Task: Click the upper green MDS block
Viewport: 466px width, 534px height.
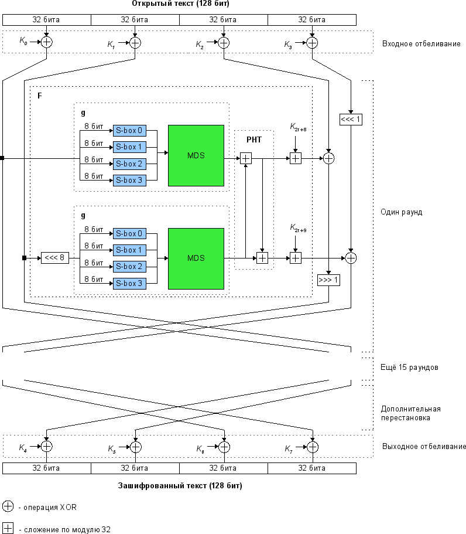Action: (196, 156)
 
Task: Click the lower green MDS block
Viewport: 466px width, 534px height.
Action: (196, 259)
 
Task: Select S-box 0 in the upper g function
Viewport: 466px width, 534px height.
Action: (129, 131)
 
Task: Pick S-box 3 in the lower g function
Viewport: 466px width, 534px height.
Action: (129, 283)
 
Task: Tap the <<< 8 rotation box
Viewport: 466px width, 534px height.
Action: (55, 258)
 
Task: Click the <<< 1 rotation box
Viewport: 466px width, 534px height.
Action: (351, 119)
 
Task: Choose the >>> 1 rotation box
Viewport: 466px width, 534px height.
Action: (328, 280)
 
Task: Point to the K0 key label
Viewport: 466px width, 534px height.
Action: (23, 41)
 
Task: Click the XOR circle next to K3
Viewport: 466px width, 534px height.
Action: (312, 43)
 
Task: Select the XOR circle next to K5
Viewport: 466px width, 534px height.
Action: (135, 447)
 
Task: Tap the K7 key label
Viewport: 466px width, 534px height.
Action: (289, 449)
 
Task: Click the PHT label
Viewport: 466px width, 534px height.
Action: (254, 140)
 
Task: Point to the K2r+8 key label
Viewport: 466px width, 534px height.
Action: (298, 127)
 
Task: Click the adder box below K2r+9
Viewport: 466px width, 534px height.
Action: (295, 258)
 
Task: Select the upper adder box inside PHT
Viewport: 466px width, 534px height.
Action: (246, 158)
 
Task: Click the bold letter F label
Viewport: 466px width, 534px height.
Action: (39, 96)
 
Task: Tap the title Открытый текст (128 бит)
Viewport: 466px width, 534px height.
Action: (181, 4)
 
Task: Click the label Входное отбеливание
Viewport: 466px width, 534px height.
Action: (421, 43)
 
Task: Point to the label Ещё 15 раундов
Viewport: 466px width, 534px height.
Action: (409, 367)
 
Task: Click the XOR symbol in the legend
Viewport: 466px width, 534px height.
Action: (8, 506)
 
